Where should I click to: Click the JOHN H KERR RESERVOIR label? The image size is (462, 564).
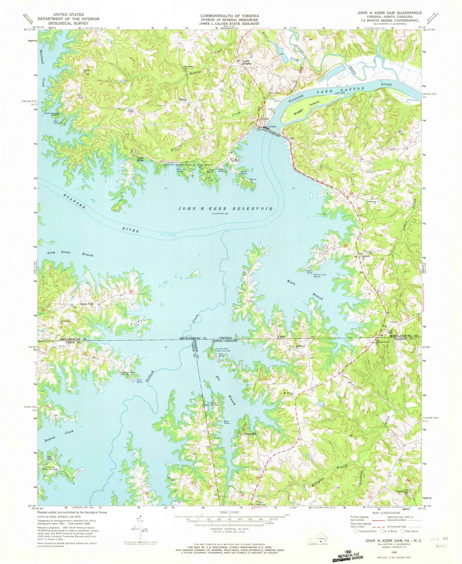pyautogui.click(x=225, y=209)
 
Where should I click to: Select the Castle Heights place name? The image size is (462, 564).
pyautogui.click(x=246, y=62)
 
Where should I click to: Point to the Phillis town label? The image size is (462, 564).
pyautogui.click(x=183, y=100)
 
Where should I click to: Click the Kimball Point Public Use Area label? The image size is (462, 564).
pyautogui.click(x=223, y=350)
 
